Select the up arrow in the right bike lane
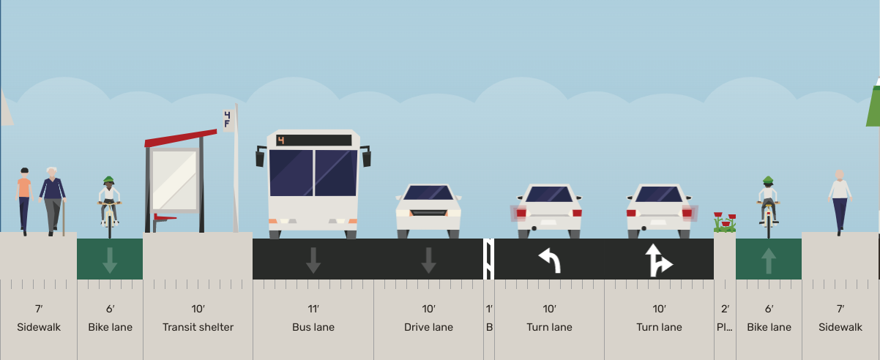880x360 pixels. point(768,260)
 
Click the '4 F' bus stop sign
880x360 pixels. point(228,119)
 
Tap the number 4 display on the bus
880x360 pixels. point(281,140)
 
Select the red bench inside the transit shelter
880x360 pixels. point(165,217)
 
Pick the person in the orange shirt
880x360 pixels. point(24,199)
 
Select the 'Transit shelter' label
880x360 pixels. point(198,327)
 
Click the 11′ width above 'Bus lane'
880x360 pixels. point(313,310)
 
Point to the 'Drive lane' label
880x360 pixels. point(428,327)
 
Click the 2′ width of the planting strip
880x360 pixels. point(725,310)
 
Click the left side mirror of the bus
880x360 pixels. point(260,157)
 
